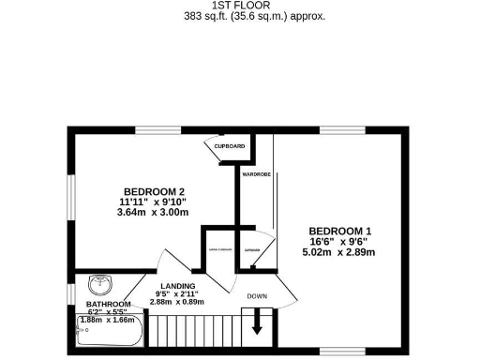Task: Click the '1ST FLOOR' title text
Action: click(241, 5)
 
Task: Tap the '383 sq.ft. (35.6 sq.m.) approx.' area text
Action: click(241, 16)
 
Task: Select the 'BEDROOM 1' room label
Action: click(340, 231)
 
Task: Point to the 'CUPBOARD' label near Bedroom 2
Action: click(229, 147)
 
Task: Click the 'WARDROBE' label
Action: click(256, 174)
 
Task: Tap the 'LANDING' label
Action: click(177, 285)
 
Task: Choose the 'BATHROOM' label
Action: click(108, 305)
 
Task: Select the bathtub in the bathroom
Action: click(108, 335)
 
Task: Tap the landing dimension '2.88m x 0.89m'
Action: click(177, 302)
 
